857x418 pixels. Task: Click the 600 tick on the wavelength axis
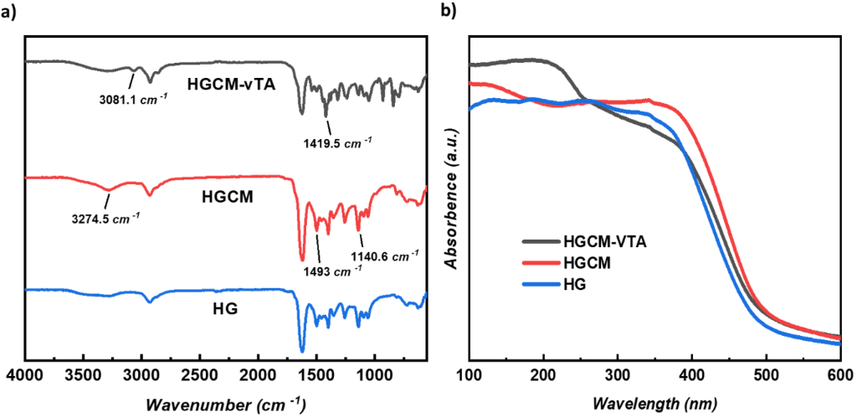pos(839,374)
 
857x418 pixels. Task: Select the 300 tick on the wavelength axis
pos(618,374)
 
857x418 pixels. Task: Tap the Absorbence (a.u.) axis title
pos(451,198)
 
